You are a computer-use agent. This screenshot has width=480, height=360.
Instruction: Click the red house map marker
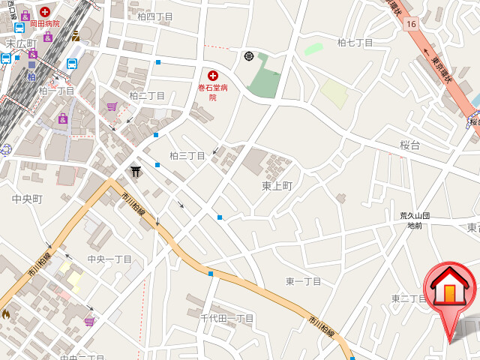coord(449,289)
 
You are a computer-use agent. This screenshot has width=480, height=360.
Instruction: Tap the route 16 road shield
coord(411,24)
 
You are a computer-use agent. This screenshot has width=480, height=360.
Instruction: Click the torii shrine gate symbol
coord(136,172)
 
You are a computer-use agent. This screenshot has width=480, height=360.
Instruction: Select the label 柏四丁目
coord(155,16)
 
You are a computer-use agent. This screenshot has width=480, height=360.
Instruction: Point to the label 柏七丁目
coord(355,43)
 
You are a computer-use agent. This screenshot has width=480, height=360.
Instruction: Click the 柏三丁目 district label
coord(187,156)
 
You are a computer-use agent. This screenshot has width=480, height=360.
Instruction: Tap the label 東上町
coord(277,185)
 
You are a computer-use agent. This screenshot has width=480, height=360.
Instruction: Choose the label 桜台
coord(409,145)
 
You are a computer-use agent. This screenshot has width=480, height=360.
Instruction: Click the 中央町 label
coord(27,199)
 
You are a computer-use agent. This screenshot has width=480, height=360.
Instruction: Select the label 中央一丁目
coord(109,259)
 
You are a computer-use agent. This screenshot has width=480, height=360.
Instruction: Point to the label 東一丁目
coord(303,281)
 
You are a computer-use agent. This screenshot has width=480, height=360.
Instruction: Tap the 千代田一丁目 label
coord(226,318)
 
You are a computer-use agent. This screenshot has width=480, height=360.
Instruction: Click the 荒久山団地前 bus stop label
coord(415,220)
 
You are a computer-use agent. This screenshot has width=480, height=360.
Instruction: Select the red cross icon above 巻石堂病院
coord(213,75)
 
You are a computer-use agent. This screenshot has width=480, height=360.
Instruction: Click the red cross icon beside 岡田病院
coord(46,12)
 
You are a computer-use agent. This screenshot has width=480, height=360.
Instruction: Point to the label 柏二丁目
coord(147,96)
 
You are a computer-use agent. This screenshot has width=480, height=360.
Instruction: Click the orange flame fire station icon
coord(6,314)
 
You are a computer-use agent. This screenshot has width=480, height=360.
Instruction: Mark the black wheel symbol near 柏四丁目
coord(249,55)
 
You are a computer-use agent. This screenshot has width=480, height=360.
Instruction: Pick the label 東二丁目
coord(409,298)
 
